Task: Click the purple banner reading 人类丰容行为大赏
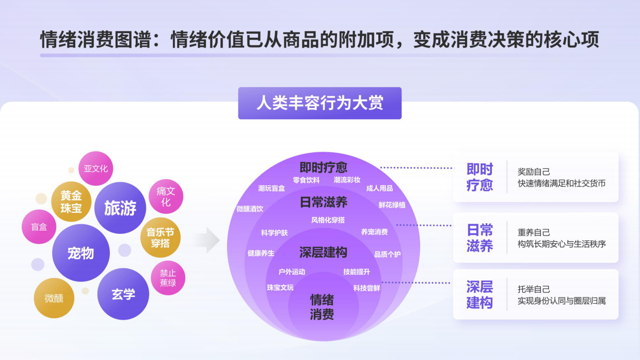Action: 319,103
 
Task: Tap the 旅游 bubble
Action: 120,208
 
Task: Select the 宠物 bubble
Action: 81,253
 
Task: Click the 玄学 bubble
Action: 123,294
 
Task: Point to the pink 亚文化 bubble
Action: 95,168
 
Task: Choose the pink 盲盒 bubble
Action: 39,226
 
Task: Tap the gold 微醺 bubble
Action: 54,298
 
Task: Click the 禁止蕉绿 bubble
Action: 168,278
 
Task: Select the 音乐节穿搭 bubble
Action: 161,238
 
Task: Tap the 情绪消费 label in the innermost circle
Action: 322,307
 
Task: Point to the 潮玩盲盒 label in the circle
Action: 271,189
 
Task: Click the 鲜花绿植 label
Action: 392,205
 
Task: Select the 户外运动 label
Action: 292,272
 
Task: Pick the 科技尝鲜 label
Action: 366,288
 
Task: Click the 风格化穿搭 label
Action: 328,220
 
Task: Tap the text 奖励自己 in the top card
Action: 534,171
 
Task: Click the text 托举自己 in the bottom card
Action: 534,289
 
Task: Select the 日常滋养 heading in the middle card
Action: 479,238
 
